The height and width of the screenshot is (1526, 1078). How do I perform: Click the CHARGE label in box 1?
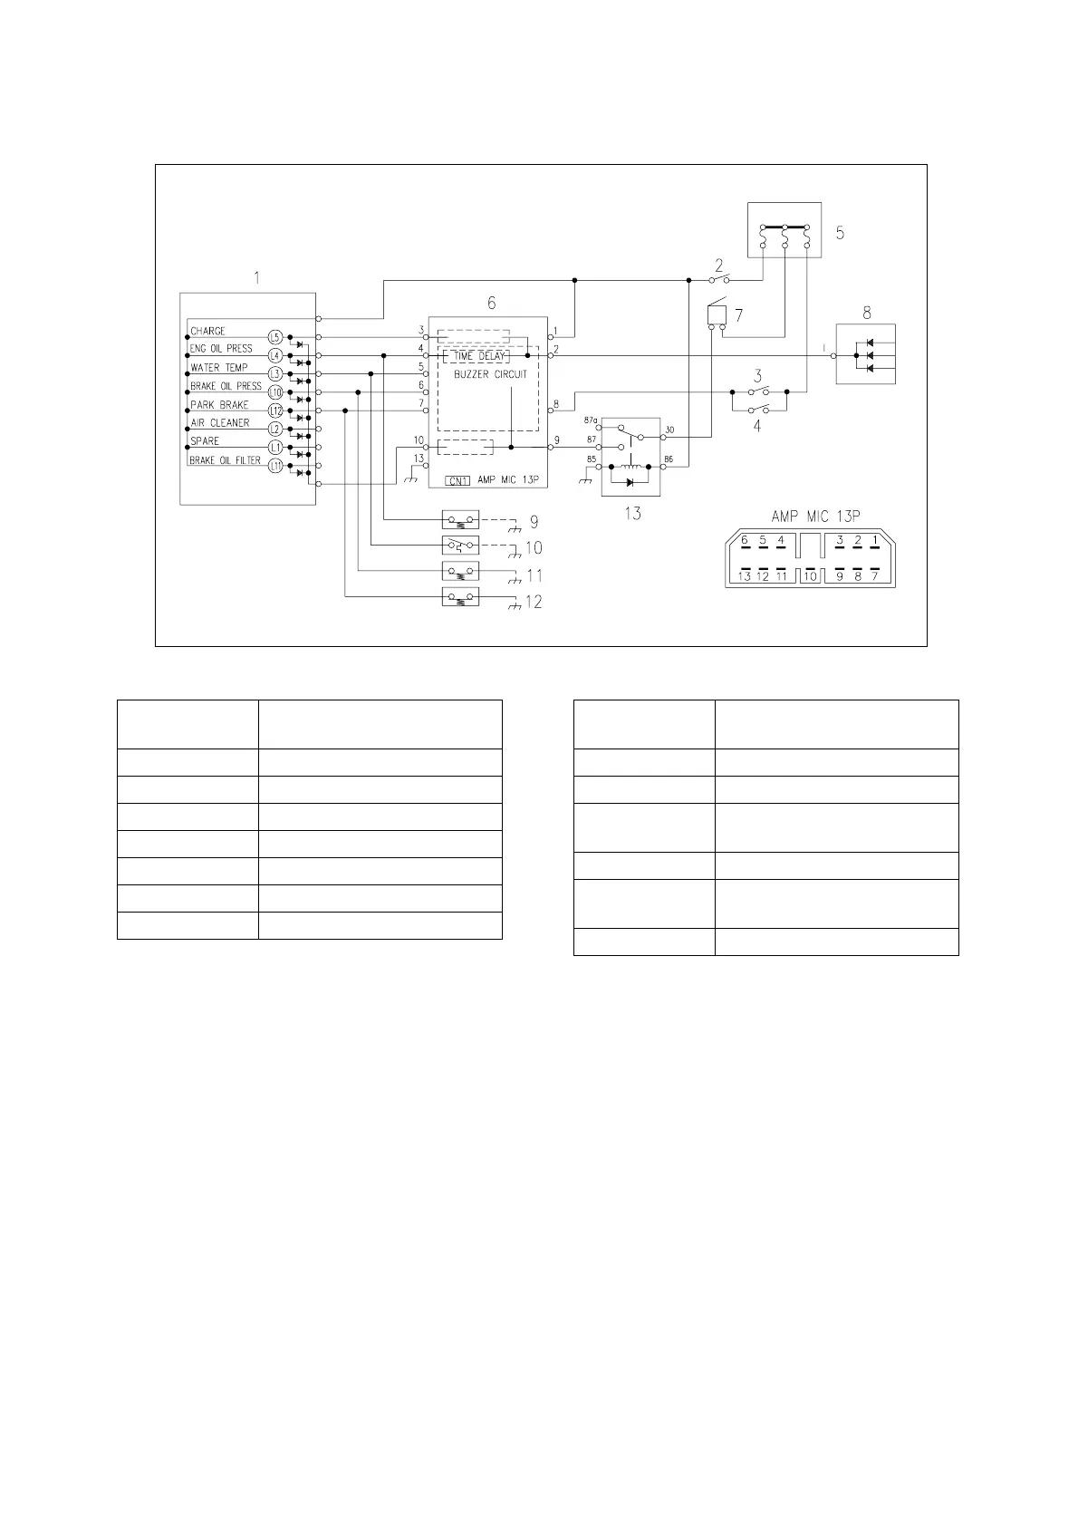(x=207, y=331)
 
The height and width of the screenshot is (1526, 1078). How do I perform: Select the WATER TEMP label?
(x=218, y=368)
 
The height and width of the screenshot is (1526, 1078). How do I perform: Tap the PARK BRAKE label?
(x=219, y=405)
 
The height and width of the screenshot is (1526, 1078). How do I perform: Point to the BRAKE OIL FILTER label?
(x=225, y=460)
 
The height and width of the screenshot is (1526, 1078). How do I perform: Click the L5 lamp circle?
(x=275, y=337)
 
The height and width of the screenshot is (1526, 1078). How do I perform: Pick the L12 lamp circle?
(x=275, y=410)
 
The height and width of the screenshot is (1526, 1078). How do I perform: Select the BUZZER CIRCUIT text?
(x=490, y=374)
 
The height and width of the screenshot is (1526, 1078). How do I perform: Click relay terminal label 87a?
(x=591, y=420)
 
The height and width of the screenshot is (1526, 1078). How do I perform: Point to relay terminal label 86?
(x=669, y=460)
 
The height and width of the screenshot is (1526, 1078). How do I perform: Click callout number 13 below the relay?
(x=632, y=514)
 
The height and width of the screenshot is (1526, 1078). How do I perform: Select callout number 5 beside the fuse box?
(x=840, y=233)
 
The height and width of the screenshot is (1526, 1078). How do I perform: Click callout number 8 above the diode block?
(x=867, y=313)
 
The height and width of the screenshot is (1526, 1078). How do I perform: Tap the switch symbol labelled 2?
(x=719, y=279)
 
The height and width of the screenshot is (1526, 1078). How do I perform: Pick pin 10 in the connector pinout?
(x=810, y=575)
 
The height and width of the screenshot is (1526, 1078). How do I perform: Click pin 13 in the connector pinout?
(x=745, y=575)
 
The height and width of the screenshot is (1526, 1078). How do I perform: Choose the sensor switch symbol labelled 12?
(x=460, y=596)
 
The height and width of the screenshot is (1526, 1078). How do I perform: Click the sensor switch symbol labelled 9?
(x=460, y=520)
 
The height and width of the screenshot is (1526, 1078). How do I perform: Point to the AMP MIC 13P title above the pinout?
(x=815, y=517)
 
